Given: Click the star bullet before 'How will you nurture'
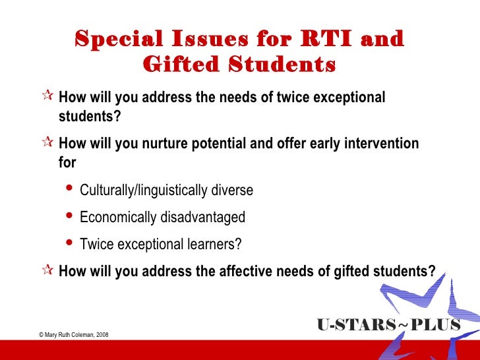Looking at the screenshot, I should pos(45,144).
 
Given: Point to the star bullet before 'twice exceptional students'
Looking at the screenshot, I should pos(45,98).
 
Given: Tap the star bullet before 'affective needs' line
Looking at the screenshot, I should pos(45,271).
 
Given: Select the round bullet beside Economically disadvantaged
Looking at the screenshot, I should pos(71,216).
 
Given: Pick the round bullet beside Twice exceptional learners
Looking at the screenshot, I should pos(71,243).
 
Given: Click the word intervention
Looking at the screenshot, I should pos(379,144).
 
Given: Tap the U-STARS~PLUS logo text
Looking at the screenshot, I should pos(388,325).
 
